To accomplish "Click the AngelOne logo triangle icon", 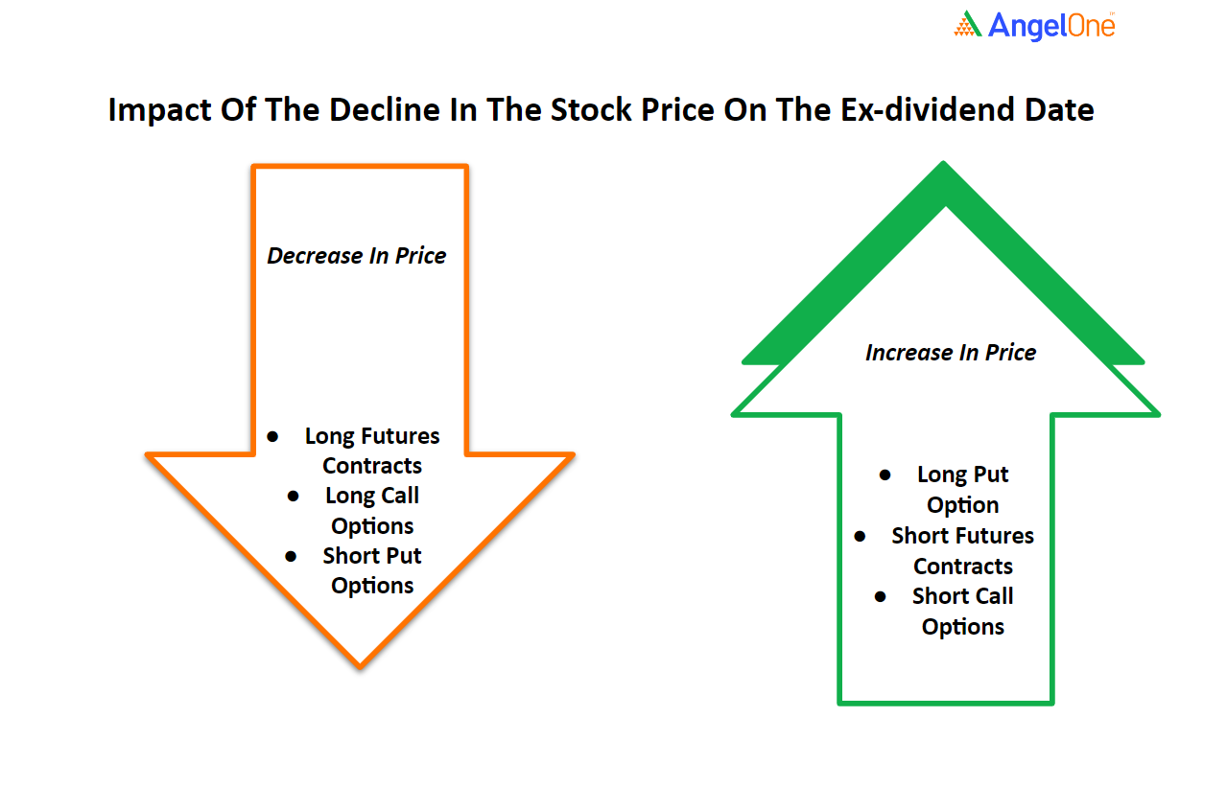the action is click(x=967, y=24).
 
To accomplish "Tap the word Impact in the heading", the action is click(x=159, y=110).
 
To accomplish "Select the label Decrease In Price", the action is click(x=357, y=256).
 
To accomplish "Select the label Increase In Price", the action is click(x=951, y=353).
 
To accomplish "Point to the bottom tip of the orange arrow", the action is click(x=360, y=667).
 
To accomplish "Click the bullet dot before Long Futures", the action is click(x=272, y=437).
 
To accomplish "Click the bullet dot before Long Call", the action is click(x=293, y=497).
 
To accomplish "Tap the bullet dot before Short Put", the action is click(x=291, y=557).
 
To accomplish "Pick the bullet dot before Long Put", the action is click(x=885, y=475).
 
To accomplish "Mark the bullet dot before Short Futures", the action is click(x=860, y=537).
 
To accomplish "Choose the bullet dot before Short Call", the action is click(x=881, y=596).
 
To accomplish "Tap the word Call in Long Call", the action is click(x=400, y=496).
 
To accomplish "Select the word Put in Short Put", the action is click(x=404, y=555).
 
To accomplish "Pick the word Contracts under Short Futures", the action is click(x=963, y=567).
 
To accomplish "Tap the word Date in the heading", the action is click(x=1059, y=109).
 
